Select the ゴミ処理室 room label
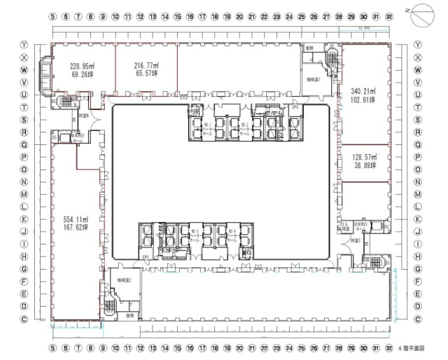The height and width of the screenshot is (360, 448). [342, 226]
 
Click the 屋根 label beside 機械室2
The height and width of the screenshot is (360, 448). [129, 315]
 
